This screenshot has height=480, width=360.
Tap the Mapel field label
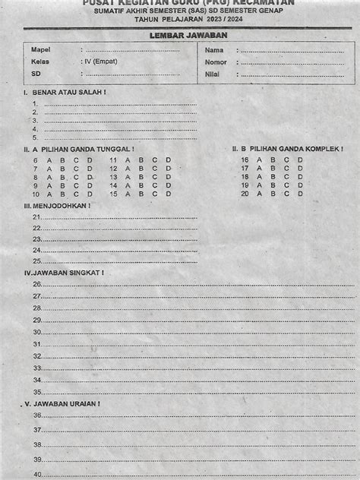(x=40, y=49)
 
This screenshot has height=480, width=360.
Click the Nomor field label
(x=216, y=62)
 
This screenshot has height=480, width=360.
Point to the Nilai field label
(x=212, y=74)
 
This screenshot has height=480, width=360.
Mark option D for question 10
(x=89, y=194)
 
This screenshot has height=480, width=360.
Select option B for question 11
(x=141, y=160)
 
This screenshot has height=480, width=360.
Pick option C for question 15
(x=154, y=194)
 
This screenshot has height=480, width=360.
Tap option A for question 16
(x=260, y=159)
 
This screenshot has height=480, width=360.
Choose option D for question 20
(x=300, y=193)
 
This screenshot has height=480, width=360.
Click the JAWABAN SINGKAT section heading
(x=65, y=272)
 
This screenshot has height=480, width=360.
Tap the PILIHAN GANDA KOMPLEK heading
(x=292, y=149)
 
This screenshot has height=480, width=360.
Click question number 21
(x=36, y=216)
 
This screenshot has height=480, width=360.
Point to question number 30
(x=36, y=332)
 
